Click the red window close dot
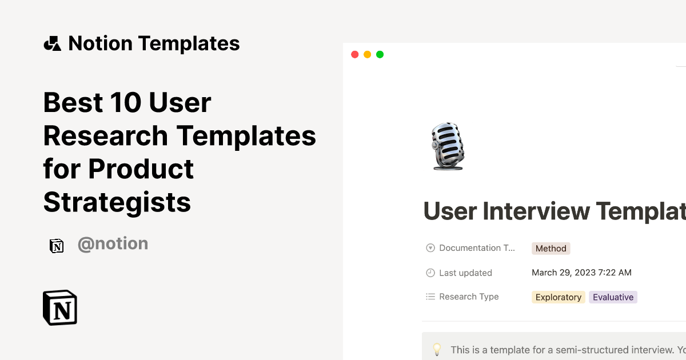(354, 54)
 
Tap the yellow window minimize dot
(367, 54)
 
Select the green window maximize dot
(380, 54)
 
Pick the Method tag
(551, 249)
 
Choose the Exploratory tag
(559, 297)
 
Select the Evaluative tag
(613, 297)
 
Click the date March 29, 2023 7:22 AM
(581, 273)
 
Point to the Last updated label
(465, 273)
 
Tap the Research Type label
(469, 297)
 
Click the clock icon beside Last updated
(430, 273)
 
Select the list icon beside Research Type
(430, 297)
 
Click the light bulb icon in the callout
(437, 349)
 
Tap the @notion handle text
(113, 244)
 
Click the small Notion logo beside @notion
(57, 246)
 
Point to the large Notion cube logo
(60, 307)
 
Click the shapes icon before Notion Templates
(52, 43)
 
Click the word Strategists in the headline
(117, 202)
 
